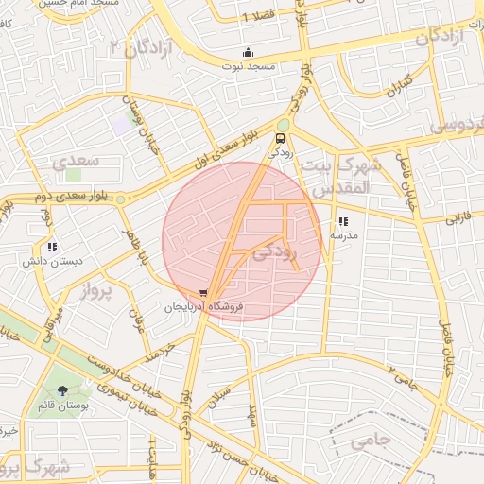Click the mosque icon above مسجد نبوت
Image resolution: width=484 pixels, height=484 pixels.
[248, 52]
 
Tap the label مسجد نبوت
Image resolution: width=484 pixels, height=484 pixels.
[248, 67]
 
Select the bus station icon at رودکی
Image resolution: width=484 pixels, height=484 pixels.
[280, 138]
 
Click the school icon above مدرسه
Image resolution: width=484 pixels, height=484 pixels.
[341, 222]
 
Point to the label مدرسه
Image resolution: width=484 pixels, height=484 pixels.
[341, 235]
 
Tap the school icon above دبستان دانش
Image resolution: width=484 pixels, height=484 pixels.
[52, 247]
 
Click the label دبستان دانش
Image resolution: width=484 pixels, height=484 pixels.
[52, 261]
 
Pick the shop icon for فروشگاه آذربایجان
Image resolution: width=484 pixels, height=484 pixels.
[203, 294]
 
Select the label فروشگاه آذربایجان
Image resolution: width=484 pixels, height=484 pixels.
[203, 307]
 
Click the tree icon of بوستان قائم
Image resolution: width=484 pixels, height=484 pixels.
[62, 390]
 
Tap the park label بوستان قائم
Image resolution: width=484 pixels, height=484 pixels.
[62, 406]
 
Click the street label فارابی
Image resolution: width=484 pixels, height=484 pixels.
[458, 217]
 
